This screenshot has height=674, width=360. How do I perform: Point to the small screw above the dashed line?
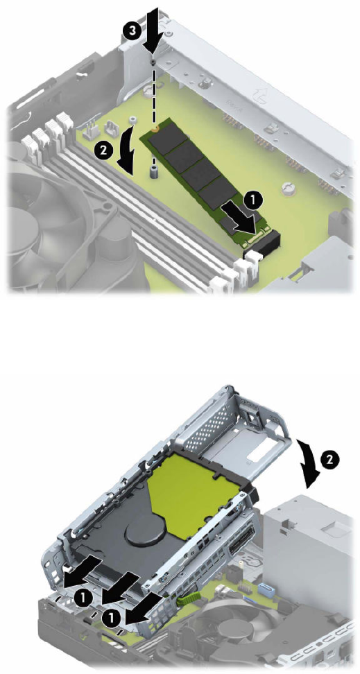[153, 62]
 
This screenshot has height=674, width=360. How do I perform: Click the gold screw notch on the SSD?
[157, 127]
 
